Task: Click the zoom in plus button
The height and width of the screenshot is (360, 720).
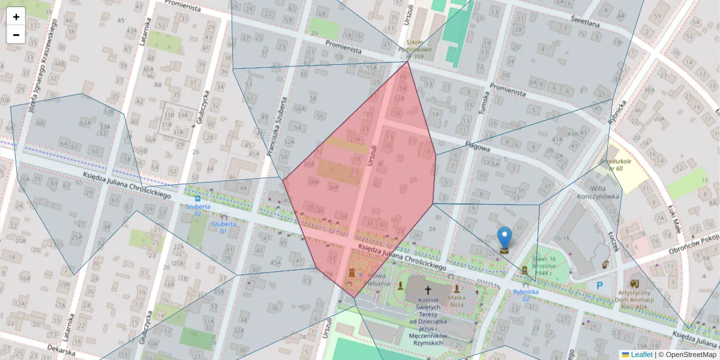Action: click(x=16, y=17)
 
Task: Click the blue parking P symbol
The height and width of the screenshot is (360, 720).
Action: click(x=599, y=286)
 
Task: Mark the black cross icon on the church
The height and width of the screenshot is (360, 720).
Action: click(x=427, y=289)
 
